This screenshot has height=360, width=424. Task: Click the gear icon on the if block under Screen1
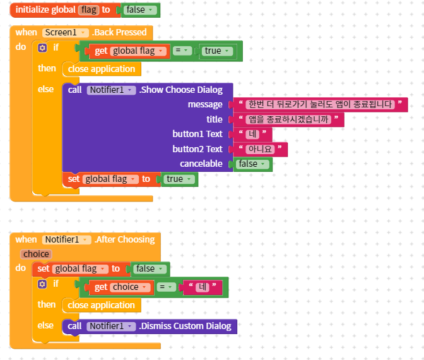tap(42, 48)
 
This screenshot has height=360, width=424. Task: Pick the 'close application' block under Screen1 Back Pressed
tap(101, 69)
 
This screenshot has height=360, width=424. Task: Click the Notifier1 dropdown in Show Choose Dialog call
tap(111, 90)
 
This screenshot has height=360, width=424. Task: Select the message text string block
tap(320, 105)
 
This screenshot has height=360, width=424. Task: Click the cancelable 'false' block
tap(252, 164)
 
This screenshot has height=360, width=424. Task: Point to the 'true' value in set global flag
tap(178, 179)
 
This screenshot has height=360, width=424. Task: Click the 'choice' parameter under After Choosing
tap(36, 254)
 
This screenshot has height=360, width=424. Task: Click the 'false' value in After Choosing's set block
tap(150, 268)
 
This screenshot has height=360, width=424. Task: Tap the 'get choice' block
tap(101, 287)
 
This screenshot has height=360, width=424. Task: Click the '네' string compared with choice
tap(203, 287)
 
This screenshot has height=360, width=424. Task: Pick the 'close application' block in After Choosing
tap(101, 305)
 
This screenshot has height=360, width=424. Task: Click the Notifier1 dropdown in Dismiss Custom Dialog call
tap(111, 326)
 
